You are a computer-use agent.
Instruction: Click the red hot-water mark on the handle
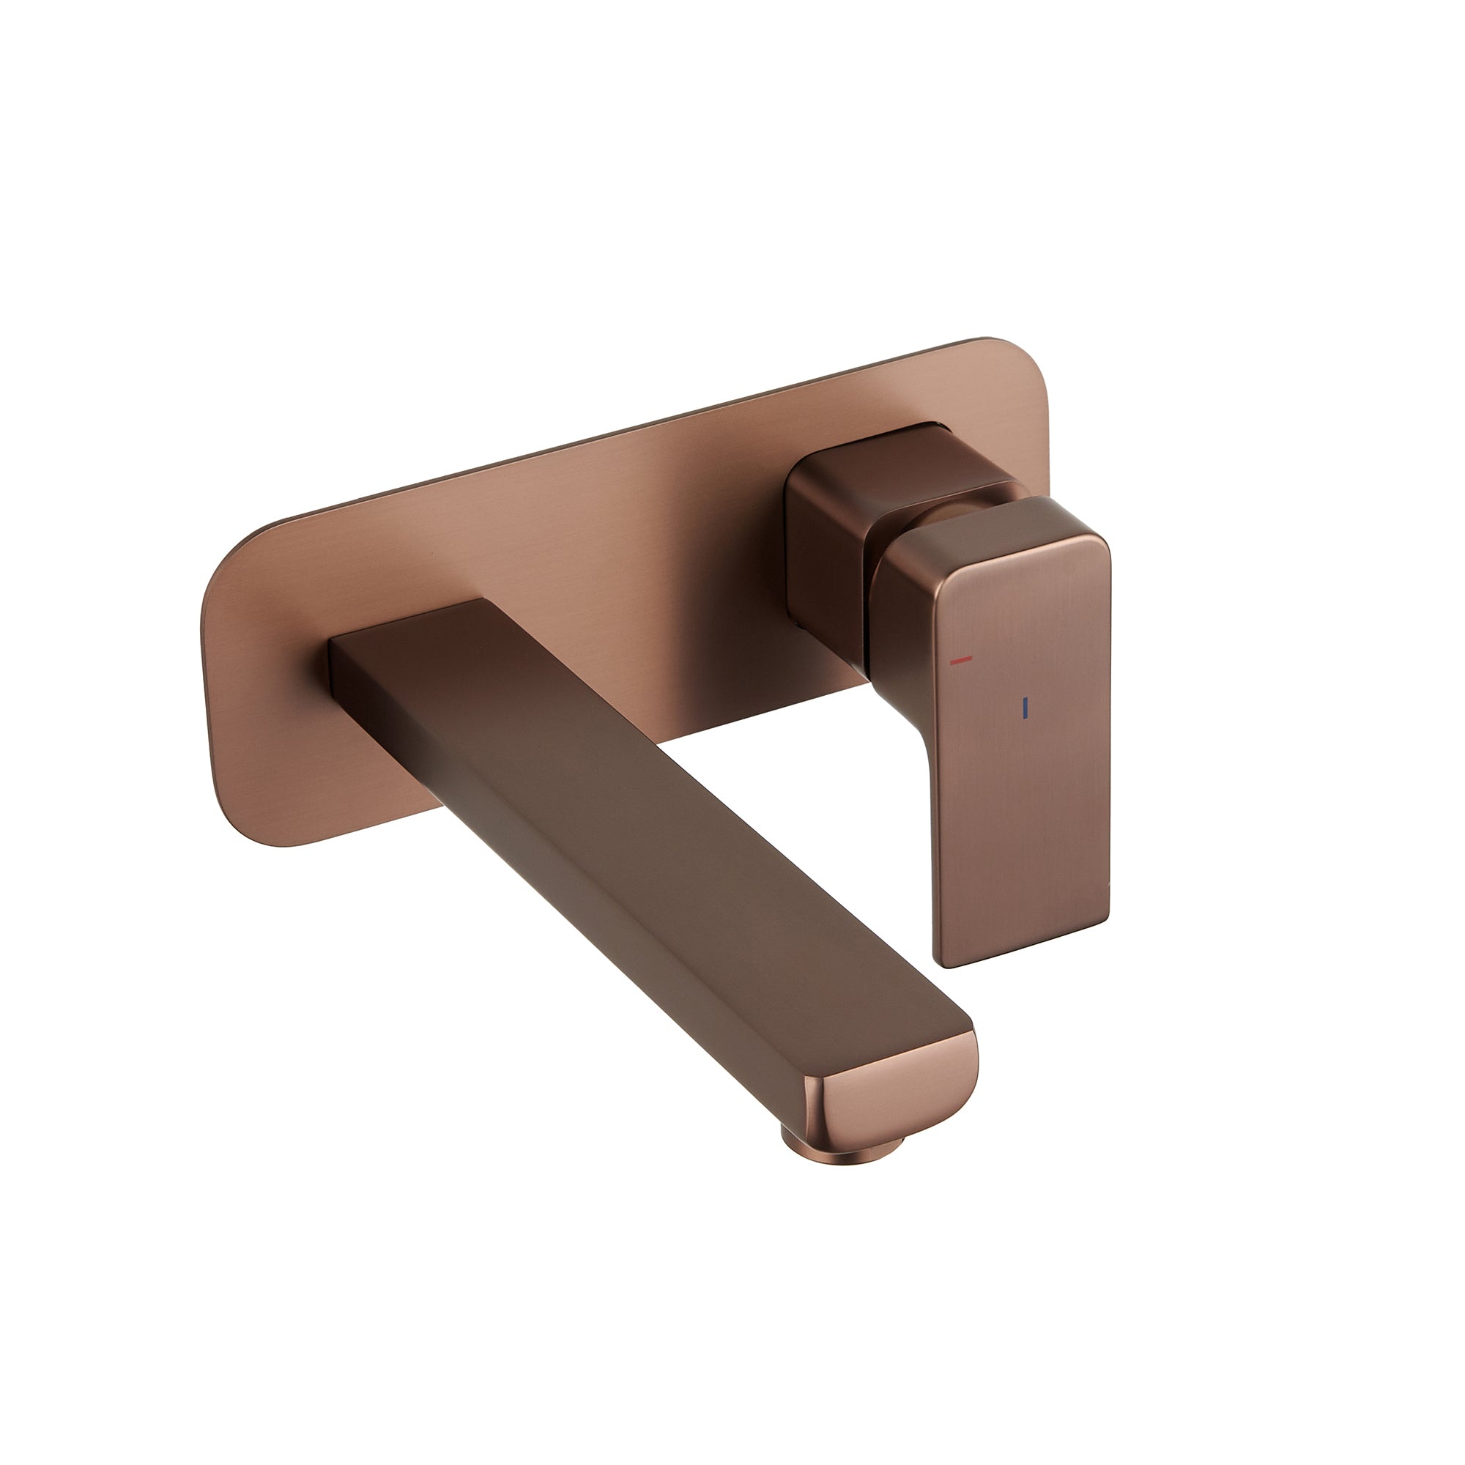[962, 661]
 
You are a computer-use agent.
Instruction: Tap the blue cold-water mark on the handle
[1024, 708]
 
